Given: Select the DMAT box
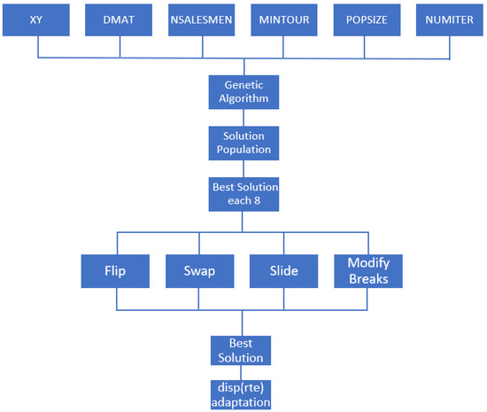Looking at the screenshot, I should (120, 19).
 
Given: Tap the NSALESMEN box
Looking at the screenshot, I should (202, 19).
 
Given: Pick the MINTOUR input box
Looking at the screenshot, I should (284, 19).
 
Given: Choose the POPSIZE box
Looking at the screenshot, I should (366, 19).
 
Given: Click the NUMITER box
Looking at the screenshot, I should (448, 19).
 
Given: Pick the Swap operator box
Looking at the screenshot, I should (198, 271).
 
